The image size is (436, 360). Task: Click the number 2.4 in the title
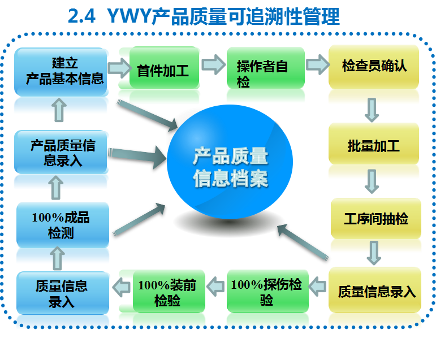[x=82, y=16]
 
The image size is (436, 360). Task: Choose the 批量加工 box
[x=374, y=146]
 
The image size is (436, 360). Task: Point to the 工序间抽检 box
[x=375, y=219]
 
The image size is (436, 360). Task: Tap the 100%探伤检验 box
[x=266, y=292]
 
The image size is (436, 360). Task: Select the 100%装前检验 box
[x=167, y=292]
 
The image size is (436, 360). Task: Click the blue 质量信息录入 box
[x=62, y=293]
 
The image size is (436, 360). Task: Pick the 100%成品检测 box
[x=61, y=225]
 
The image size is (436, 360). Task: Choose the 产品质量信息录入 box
[x=62, y=153]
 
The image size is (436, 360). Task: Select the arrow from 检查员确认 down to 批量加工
[x=372, y=110]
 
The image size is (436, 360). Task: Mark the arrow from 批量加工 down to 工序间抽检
[x=372, y=181]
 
